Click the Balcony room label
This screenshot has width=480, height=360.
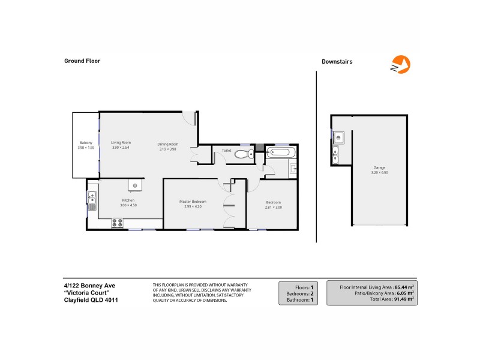tap(85, 143)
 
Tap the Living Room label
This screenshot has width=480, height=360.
tap(121, 142)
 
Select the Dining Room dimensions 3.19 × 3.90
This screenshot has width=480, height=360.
tap(167, 148)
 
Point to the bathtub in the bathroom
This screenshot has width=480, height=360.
tap(280, 152)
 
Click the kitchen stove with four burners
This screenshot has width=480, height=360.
tap(117, 223)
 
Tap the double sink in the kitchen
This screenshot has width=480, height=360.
tap(92, 197)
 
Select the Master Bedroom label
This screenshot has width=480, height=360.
tap(193, 201)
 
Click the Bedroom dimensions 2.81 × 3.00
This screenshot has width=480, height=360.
tap(274, 207)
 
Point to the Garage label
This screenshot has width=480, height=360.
tap(379, 167)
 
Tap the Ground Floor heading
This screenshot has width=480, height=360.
tap(82, 61)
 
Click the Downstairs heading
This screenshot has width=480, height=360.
tap(337, 61)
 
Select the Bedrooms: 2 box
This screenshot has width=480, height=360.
tap(298, 293)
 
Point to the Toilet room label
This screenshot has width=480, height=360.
tap(226, 150)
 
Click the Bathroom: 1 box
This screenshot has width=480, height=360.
tap(298, 300)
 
